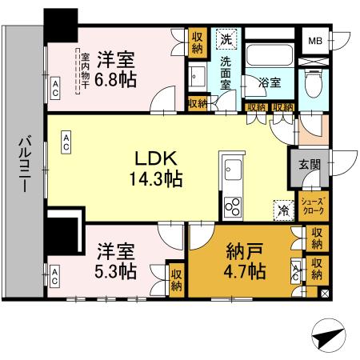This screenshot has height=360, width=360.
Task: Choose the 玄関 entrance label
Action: point(310,164)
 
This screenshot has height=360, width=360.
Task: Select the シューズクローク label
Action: point(311,206)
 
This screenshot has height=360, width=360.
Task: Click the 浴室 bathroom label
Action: point(270,82)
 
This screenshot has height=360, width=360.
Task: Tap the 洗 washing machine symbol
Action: point(226,40)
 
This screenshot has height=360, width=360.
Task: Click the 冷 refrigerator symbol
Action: point(283,210)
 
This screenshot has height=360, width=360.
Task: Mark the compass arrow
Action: point(327,340)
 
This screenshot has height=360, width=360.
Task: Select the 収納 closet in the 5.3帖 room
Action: point(176,278)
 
